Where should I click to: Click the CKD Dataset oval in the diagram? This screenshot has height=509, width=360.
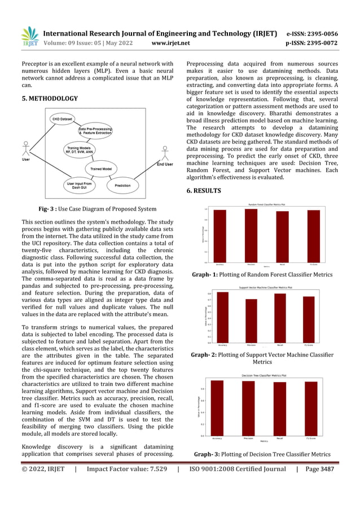[x=63, y=120]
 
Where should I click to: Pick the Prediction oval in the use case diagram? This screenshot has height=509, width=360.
[x=122, y=185]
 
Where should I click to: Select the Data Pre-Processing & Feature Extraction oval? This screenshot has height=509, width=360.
[x=95, y=131]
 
